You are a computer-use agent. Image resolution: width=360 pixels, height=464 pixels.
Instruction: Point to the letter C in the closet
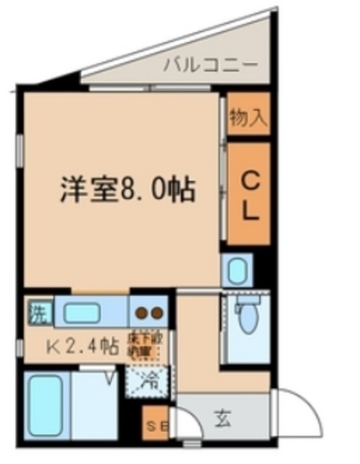pos(248,178)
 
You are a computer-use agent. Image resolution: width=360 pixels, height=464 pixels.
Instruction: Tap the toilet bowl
pos(248,317)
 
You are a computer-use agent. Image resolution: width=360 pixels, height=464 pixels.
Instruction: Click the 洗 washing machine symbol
pos(38,314)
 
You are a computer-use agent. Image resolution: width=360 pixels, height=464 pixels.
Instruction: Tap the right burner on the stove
pos(156,314)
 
